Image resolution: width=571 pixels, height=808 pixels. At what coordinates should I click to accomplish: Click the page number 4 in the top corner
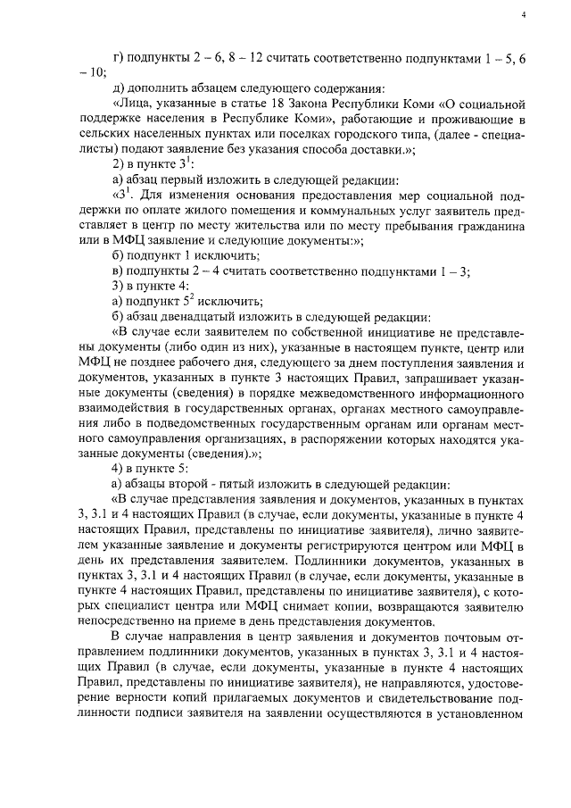tap(524, 15)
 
